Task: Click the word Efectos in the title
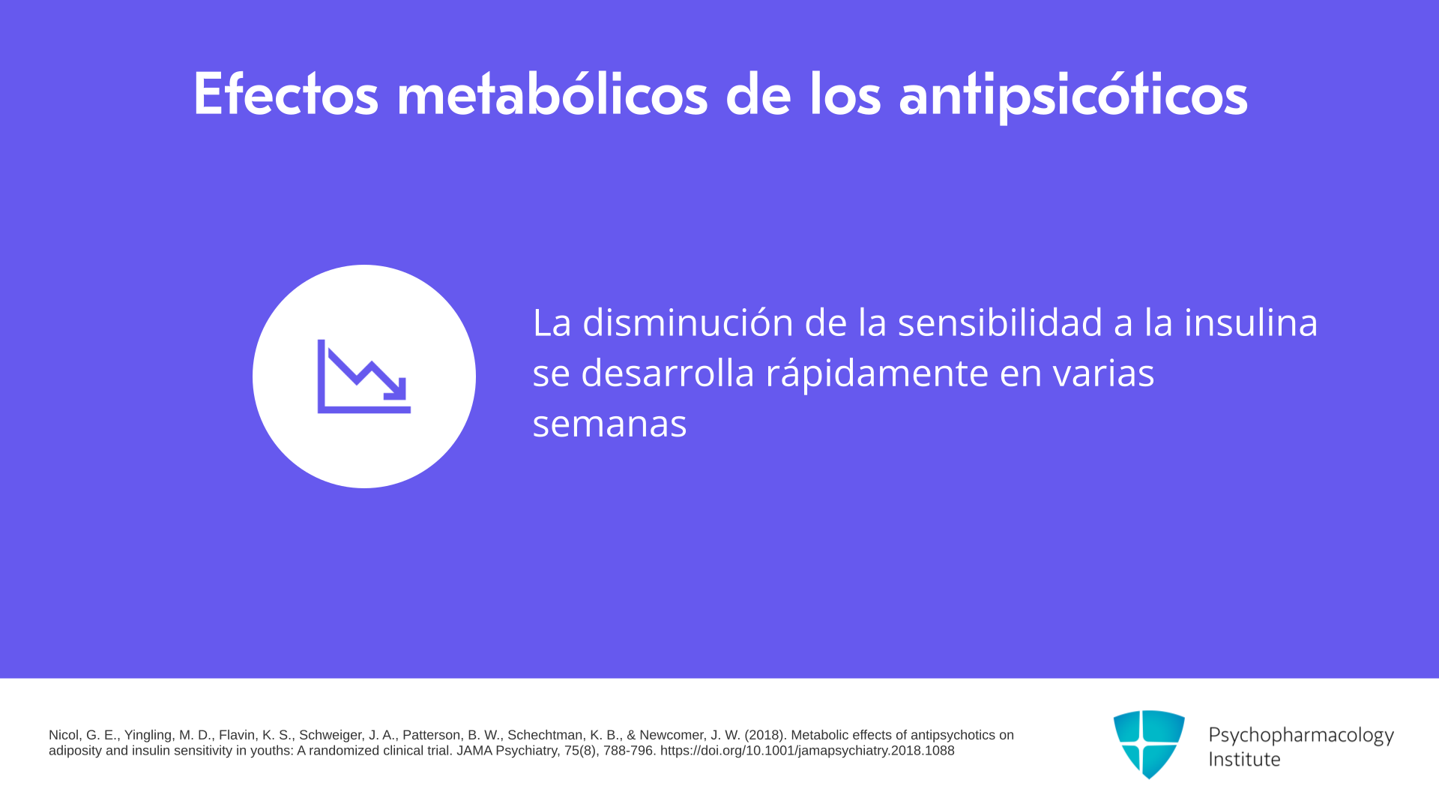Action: point(286,94)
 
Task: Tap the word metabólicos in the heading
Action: point(552,94)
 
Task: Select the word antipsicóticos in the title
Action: point(1073,96)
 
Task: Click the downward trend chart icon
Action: point(364,376)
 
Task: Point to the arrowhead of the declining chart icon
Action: point(396,388)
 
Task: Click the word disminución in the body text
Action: point(688,322)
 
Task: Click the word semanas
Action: point(609,424)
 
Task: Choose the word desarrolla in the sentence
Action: point(668,372)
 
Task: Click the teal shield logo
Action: point(1149,744)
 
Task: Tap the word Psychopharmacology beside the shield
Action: point(1301,736)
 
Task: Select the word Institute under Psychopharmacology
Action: point(1245,759)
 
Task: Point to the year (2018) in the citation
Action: point(764,736)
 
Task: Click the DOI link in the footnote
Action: point(807,751)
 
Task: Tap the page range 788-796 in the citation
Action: point(628,751)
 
